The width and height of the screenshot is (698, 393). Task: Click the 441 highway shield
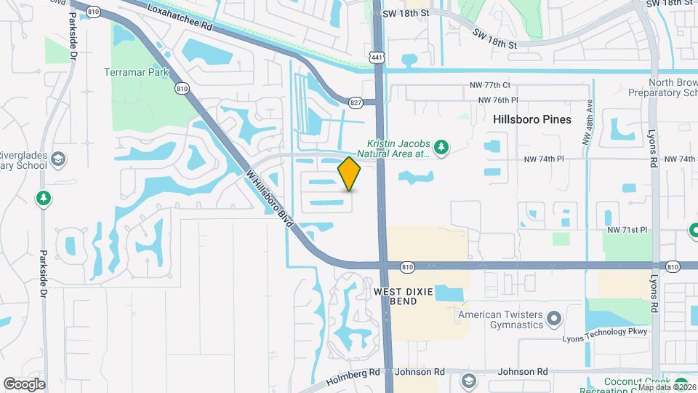(376, 57)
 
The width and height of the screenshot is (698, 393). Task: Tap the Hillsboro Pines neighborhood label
(532, 119)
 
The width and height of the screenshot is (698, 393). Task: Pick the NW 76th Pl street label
(498, 100)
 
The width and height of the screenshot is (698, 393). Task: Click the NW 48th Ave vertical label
(590, 124)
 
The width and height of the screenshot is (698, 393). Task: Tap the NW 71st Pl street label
(627, 230)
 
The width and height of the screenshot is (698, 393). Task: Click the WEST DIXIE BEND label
(404, 296)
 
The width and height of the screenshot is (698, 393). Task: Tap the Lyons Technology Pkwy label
(606, 332)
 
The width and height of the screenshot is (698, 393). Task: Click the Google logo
(25, 384)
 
